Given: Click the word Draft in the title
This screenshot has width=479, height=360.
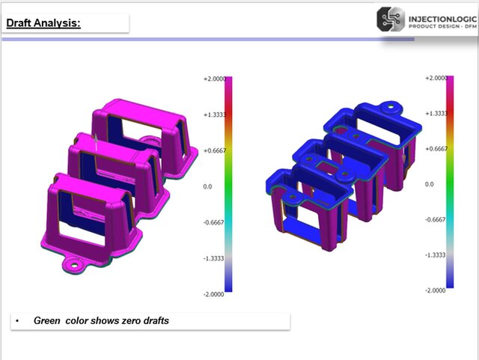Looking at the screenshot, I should coord(22,23).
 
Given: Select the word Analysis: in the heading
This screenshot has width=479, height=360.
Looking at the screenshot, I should coord(59,23).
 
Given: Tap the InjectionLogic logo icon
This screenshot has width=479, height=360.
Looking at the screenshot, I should coord(391,19).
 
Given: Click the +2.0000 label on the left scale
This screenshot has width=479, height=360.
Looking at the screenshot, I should coord(214,79).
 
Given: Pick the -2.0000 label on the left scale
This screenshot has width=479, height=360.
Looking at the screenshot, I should coord(214,293).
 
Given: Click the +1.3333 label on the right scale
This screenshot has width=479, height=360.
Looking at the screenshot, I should coord(436,113).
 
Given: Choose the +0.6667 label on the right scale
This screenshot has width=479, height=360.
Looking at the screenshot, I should coord(436,148).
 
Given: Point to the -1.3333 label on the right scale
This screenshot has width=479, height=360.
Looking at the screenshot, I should coord(436,255).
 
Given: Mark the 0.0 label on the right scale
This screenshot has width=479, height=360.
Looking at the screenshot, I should coord(430,184).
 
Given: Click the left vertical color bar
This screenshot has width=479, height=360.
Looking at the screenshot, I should coord(229,184).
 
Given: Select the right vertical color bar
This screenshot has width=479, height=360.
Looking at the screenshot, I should coord(450,182).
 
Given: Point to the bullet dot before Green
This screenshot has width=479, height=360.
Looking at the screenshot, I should coord(17,321).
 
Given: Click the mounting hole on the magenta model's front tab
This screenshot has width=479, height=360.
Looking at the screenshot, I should coord(74,263).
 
